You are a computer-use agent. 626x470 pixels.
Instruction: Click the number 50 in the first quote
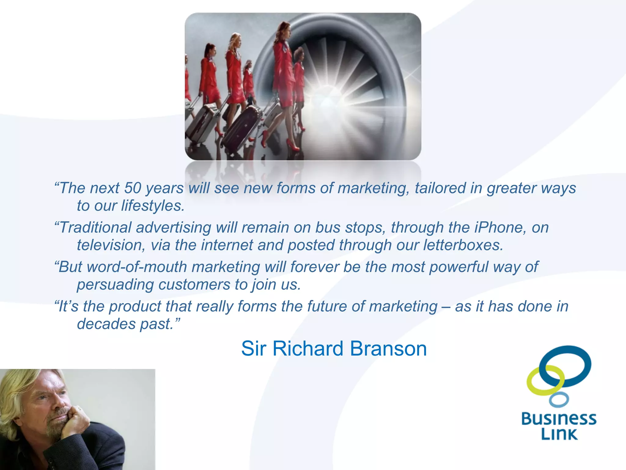(x=132, y=188)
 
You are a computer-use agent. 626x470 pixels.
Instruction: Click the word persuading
(x=115, y=285)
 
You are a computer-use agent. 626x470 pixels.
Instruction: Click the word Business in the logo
(x=559, y=419)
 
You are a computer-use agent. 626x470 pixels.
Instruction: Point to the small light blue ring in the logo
(x=559, y=400)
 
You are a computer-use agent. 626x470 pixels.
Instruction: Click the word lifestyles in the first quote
(x=153, y=206)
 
